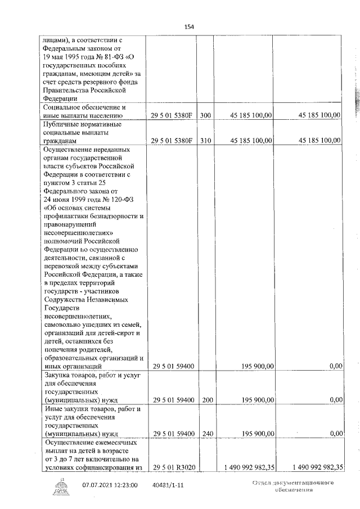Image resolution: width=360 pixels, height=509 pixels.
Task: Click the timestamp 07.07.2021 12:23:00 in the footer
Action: (110, 484)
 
